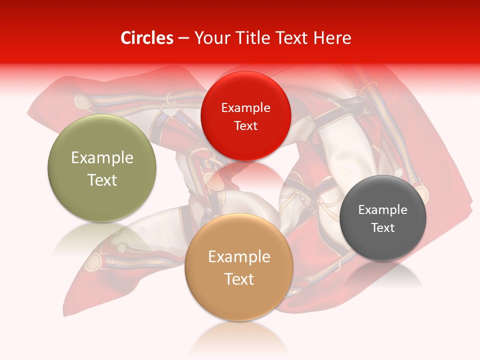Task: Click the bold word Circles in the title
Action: tap(147, 38)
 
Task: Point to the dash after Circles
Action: tap(183, 38)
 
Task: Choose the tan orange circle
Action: tap(239, 300)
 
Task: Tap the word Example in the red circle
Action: tap(246, 108)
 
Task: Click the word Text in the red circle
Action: tap(246, 125)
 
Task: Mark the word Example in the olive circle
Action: tap(102, 158)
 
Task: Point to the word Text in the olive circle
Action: tap(102, 180)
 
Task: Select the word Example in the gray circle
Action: tap(383, 210)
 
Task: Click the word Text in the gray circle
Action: tap(383, 227)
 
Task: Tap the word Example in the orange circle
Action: tap(239, 257)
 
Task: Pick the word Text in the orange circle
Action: tap(239, 279)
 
